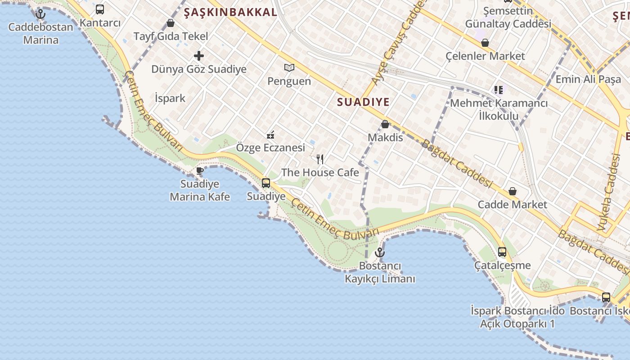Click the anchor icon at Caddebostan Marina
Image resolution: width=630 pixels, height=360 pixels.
point(40,14)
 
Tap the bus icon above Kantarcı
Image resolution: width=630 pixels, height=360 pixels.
point(100,9)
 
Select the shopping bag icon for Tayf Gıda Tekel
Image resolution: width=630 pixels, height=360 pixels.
point(171,23)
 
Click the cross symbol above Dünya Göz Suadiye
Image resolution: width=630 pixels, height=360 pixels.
point(199,56)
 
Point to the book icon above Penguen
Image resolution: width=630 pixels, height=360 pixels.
point(289,68)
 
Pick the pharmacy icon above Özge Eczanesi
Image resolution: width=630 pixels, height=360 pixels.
point(270,135)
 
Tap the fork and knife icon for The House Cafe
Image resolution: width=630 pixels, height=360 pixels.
point(320,159)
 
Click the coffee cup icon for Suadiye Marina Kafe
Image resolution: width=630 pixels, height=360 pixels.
point(200,171)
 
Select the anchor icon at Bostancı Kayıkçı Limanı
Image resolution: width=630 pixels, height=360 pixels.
point(380,252)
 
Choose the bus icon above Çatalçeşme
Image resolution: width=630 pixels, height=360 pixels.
point(502,252)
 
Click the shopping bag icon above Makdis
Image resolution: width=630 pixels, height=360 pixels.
point(385,124)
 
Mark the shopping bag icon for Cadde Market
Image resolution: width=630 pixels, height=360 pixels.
point(512,192)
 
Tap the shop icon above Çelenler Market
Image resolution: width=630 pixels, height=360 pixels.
point(485,43)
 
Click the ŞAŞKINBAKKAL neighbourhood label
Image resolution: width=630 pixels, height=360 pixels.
point(230,13)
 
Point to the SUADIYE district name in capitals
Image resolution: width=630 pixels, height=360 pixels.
point(363,102)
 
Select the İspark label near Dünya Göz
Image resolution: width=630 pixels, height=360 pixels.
point(170,98)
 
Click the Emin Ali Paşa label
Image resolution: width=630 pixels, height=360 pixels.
point(588,79)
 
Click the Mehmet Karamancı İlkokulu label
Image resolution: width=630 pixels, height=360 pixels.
point(499,109)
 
